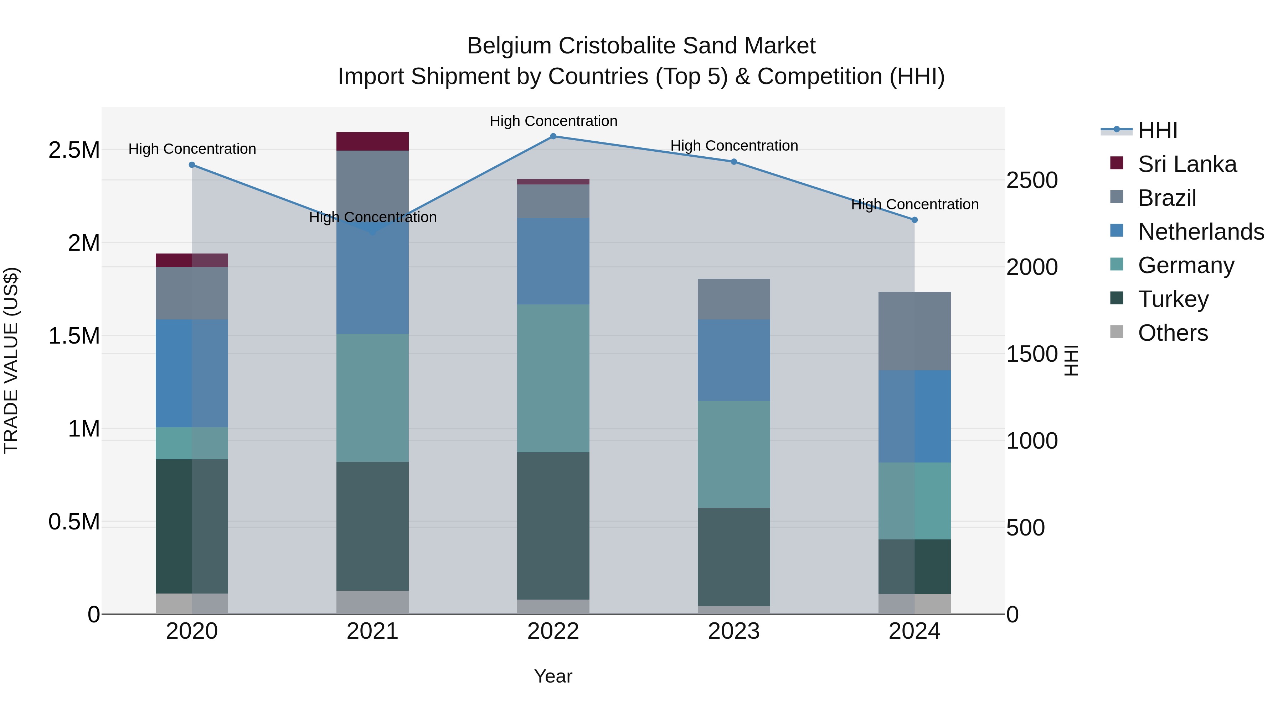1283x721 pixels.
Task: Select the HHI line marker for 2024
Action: click(x=914, y=220)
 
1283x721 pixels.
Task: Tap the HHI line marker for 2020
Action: click(x=192, y=165)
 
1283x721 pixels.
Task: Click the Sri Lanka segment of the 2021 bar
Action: click(x=372, y=141)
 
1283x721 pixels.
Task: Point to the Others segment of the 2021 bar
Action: click(x=372, y=602)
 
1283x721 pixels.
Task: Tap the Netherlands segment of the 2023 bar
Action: click(x=734, y=360)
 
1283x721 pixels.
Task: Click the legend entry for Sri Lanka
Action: click(x=1187, y=164)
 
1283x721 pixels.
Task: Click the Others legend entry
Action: click(x=1173, y=333)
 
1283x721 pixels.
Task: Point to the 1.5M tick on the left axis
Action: click(x=74, y=336)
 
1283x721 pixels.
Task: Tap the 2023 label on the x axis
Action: click(x=734, y=631)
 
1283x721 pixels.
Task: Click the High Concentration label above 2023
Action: click(x=734, y=146)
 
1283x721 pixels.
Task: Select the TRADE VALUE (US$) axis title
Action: click(x=11, y=360)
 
